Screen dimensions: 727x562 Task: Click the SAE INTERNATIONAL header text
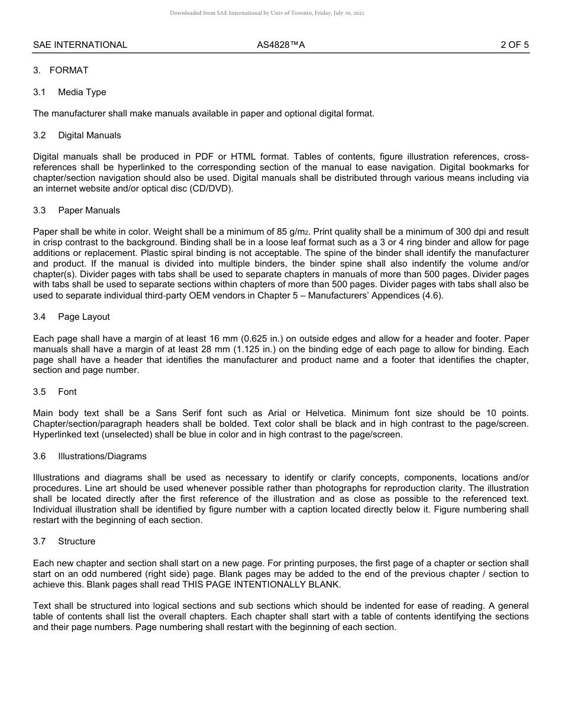tap(80, 45)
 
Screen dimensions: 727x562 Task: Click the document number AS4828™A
tap(280, 45)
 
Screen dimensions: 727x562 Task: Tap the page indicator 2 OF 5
tap(514, 45)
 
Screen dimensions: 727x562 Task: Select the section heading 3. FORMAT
tap(61, 70)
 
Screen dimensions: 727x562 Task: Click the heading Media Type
tap(82, 92)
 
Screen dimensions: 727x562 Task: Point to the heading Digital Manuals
tap(89, 135)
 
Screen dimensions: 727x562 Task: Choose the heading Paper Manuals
tap(89, 210)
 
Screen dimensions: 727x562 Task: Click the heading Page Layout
tap(84, 317)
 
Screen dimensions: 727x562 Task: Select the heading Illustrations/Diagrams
tap(102, 456)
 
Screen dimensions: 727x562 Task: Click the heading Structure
tap(76, 541)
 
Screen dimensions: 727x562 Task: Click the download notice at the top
tap(267, 12)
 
